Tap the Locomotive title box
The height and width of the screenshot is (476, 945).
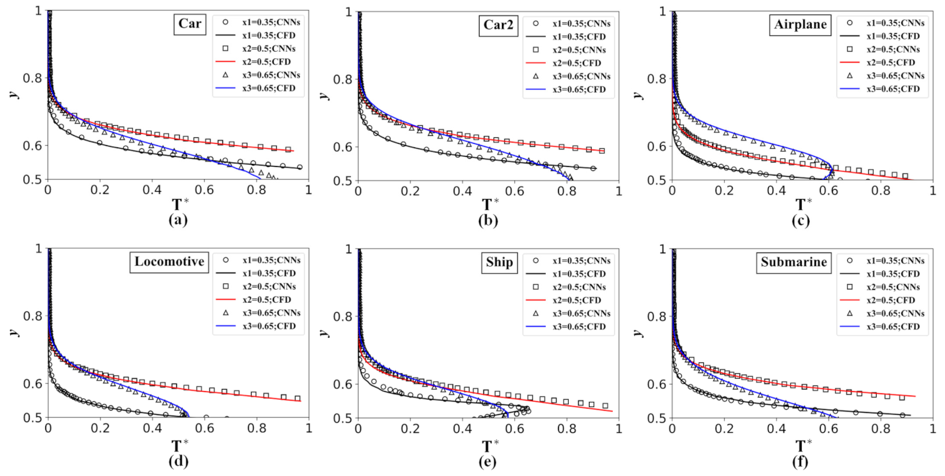(x=172, y=262)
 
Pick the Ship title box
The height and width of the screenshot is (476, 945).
(x=499, y=262)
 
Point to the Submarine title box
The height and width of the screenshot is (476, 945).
(x=792, y=262)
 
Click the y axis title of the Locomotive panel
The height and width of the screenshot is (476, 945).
(x=14, y=332)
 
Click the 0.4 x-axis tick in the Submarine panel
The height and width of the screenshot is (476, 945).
(x=777, y=429)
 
